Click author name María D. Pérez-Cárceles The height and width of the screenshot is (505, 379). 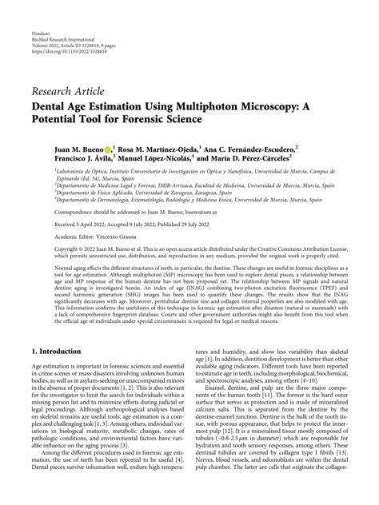coord(237,158)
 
